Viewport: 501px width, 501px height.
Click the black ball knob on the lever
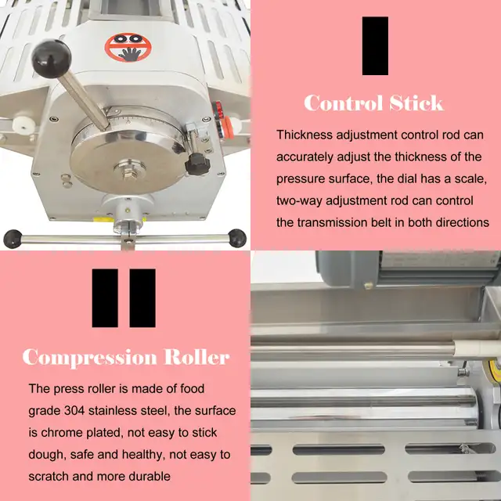point(52,56)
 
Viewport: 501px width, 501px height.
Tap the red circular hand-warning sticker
point(122,48)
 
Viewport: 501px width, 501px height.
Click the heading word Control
point(341,103)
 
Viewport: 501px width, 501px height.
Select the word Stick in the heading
point(413,103)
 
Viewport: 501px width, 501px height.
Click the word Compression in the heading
point(89,358)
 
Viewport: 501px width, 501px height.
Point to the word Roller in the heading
point(196,358)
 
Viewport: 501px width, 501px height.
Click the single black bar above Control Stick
point(375,45)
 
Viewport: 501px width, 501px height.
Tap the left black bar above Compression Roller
point(105,297)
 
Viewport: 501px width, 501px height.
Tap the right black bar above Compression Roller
point(142,297)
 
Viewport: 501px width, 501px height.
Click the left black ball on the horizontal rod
point(12,236)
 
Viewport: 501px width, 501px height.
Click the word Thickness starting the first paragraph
point(306,135)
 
